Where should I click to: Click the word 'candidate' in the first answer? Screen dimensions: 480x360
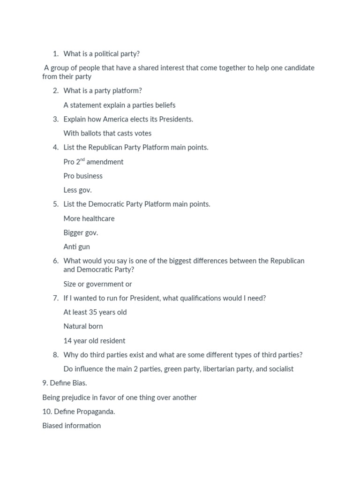point(298,68)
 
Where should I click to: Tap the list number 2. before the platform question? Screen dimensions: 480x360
point(56,91)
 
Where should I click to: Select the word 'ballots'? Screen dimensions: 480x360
point(92,133)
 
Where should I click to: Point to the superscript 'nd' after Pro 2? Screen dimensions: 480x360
point(82,160)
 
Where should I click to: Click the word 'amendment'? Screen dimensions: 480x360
point(105,162)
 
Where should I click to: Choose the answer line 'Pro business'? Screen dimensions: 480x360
point(83,176)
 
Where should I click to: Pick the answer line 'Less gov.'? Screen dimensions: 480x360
point(78,190)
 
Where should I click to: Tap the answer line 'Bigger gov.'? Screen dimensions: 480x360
point(81,232)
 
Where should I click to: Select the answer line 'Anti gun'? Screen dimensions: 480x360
point(77,247)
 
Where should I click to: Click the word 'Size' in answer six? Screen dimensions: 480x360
point(70,284)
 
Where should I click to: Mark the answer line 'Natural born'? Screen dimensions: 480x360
point(83,326)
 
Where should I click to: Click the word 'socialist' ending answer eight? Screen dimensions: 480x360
point(281,369)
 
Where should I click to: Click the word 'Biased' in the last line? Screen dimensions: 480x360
point(52,426)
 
